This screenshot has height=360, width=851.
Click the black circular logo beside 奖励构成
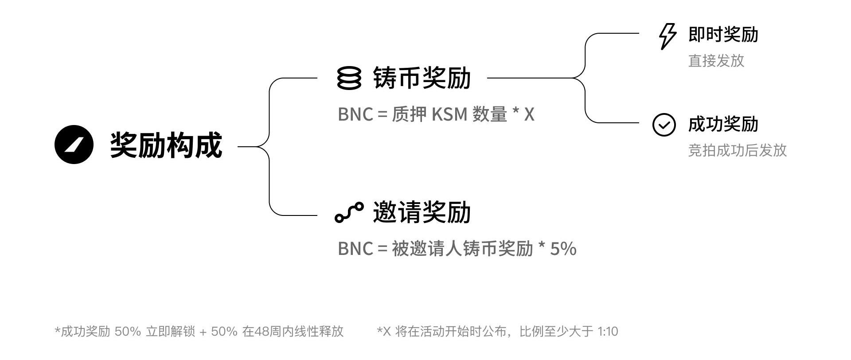74,145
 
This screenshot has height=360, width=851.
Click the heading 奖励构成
166,145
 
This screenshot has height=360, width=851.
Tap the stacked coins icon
349,78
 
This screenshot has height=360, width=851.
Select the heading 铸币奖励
422,78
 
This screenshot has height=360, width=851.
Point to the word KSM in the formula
449,115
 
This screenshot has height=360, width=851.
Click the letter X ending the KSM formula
529,115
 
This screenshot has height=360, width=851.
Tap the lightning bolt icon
668,36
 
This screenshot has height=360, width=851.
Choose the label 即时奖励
723,35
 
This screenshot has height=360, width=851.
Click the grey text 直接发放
716,61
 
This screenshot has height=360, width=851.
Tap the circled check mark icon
664,125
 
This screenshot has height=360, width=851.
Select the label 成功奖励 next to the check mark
723,124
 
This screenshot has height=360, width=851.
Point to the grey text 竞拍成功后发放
737,150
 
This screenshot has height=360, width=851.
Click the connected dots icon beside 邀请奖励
349,212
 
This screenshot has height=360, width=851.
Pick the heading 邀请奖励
422,212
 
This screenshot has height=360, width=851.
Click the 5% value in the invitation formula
563,249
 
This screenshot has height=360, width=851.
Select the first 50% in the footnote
128,332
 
